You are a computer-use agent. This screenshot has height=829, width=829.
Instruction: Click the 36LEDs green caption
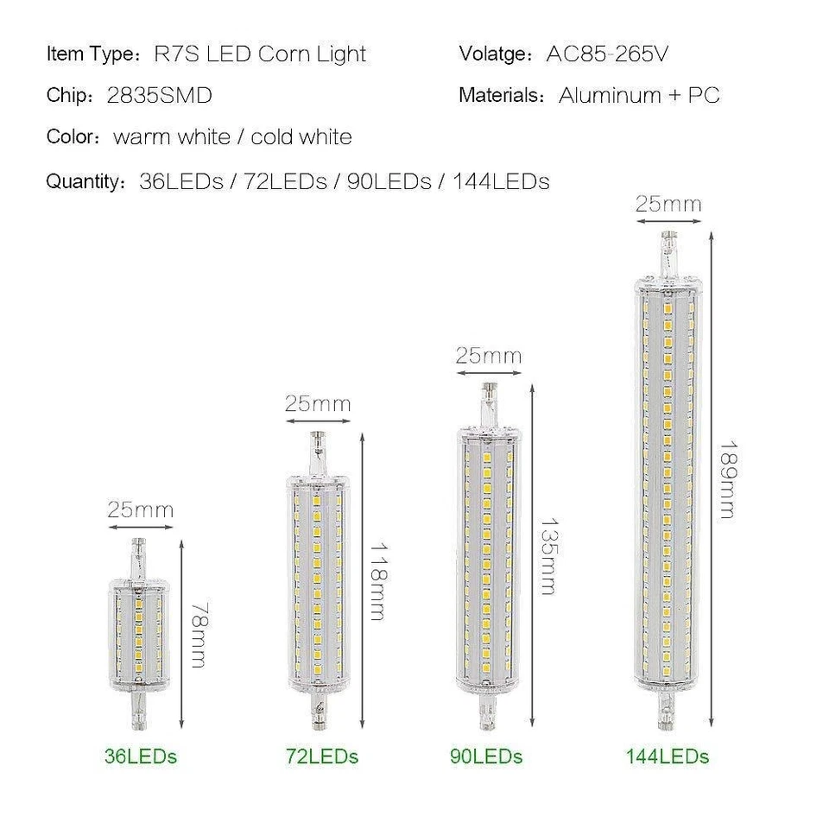click(141, 756)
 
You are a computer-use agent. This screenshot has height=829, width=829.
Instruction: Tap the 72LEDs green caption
click(321, 756)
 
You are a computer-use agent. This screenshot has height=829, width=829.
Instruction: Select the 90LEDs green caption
click(486, 756)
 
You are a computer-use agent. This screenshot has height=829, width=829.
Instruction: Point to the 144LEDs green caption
click(668, 756)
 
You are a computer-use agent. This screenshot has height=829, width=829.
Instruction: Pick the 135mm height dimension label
click(547, 556)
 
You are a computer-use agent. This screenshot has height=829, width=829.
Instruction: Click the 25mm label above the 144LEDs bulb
click(668, 205)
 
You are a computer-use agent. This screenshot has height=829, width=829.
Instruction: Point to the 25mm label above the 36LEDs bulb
click(140, 509)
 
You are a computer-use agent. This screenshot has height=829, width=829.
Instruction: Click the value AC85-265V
click(608, 54)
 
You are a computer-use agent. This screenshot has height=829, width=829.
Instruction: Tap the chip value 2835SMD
click(159, 95)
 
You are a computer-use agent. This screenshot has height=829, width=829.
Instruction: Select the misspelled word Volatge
click(494, 54)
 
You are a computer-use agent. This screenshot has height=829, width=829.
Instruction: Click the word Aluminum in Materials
click(610, 95)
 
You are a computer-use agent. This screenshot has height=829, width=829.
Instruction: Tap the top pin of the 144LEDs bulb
click(668, 251)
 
